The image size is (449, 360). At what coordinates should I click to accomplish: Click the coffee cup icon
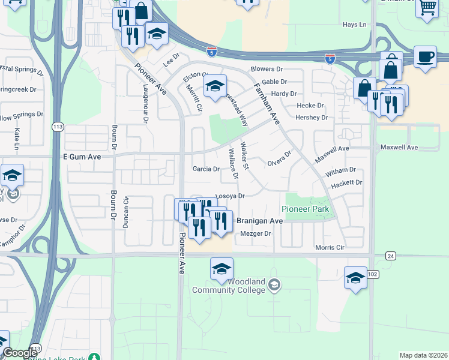coord(425,56)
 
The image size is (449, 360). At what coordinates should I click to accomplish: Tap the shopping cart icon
coord(427,8)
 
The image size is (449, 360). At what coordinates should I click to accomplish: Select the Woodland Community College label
coord(228,286)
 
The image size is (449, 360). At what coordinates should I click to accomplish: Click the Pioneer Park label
coord(306,209)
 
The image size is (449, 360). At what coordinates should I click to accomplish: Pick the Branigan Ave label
coord(259,221)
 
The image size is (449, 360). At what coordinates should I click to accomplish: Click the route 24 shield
coord(391,256)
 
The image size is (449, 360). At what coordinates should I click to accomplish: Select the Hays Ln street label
coord(354,25)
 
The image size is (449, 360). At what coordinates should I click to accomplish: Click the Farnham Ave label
coord(267,103)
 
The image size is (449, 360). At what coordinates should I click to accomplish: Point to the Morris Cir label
coord(331,248)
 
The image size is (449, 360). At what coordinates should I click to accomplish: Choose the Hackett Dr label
coord(347,182)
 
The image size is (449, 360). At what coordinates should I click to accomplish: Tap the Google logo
coord(20,353)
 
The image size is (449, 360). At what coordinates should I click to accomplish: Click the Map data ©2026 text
coord(423,355)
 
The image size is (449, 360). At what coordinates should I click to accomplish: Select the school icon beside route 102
coord(355,278)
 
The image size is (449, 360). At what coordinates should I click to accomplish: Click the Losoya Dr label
coord(231,196)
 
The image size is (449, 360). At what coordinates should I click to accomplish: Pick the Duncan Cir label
coord(126,212)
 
